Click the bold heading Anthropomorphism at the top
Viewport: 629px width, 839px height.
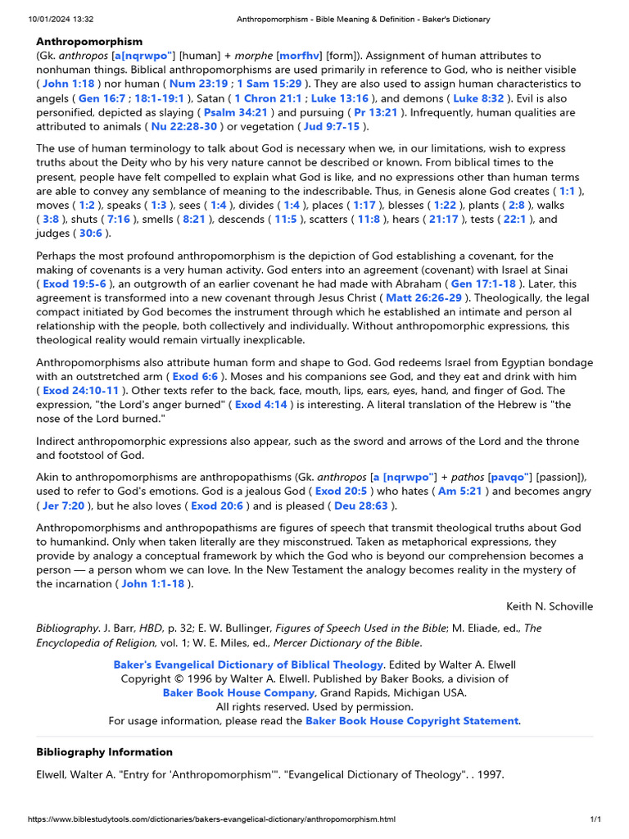coord(89,41)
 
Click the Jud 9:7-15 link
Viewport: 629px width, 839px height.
coord(332,127)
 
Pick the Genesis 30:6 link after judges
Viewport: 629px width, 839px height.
coord(91,234)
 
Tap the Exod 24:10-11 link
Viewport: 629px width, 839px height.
coord(80,391)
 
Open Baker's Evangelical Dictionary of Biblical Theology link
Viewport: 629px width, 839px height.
coord(248,664)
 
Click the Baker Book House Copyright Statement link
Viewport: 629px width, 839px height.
coord(412,721)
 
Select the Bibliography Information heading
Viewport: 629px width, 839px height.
coord(104,752)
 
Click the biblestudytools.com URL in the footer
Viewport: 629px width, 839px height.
coord(212,819)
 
